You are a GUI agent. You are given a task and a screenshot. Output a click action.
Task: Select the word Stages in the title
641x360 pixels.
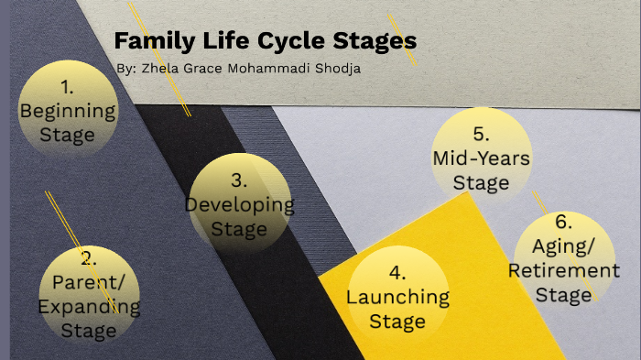(375, 41)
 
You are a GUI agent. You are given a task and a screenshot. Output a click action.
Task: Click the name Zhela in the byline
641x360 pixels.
(161, 70)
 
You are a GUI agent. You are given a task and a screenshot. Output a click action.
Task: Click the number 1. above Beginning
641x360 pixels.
(68, 89)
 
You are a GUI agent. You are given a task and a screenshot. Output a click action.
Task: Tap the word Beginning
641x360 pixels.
(68, 112)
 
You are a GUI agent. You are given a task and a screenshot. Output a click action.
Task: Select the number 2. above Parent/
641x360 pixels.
(88, 258)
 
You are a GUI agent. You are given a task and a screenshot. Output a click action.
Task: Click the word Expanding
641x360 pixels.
(88, 306)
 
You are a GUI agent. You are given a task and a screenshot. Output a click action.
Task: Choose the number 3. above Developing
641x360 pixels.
(239, 180)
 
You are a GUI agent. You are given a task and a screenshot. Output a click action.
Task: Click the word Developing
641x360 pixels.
(240, 204)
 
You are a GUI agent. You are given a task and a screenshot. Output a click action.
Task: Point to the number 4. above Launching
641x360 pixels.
(397, 273)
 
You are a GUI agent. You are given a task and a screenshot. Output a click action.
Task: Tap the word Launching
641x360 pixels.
(397, 297)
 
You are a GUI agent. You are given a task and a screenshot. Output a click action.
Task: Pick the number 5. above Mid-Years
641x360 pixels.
(481, 135)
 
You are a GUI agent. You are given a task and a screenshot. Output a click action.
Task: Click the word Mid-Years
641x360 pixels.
(481, 158)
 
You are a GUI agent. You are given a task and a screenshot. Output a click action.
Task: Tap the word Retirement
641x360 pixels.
(563, 271)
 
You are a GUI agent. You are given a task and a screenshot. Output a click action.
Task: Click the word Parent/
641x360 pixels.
(88, 281)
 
